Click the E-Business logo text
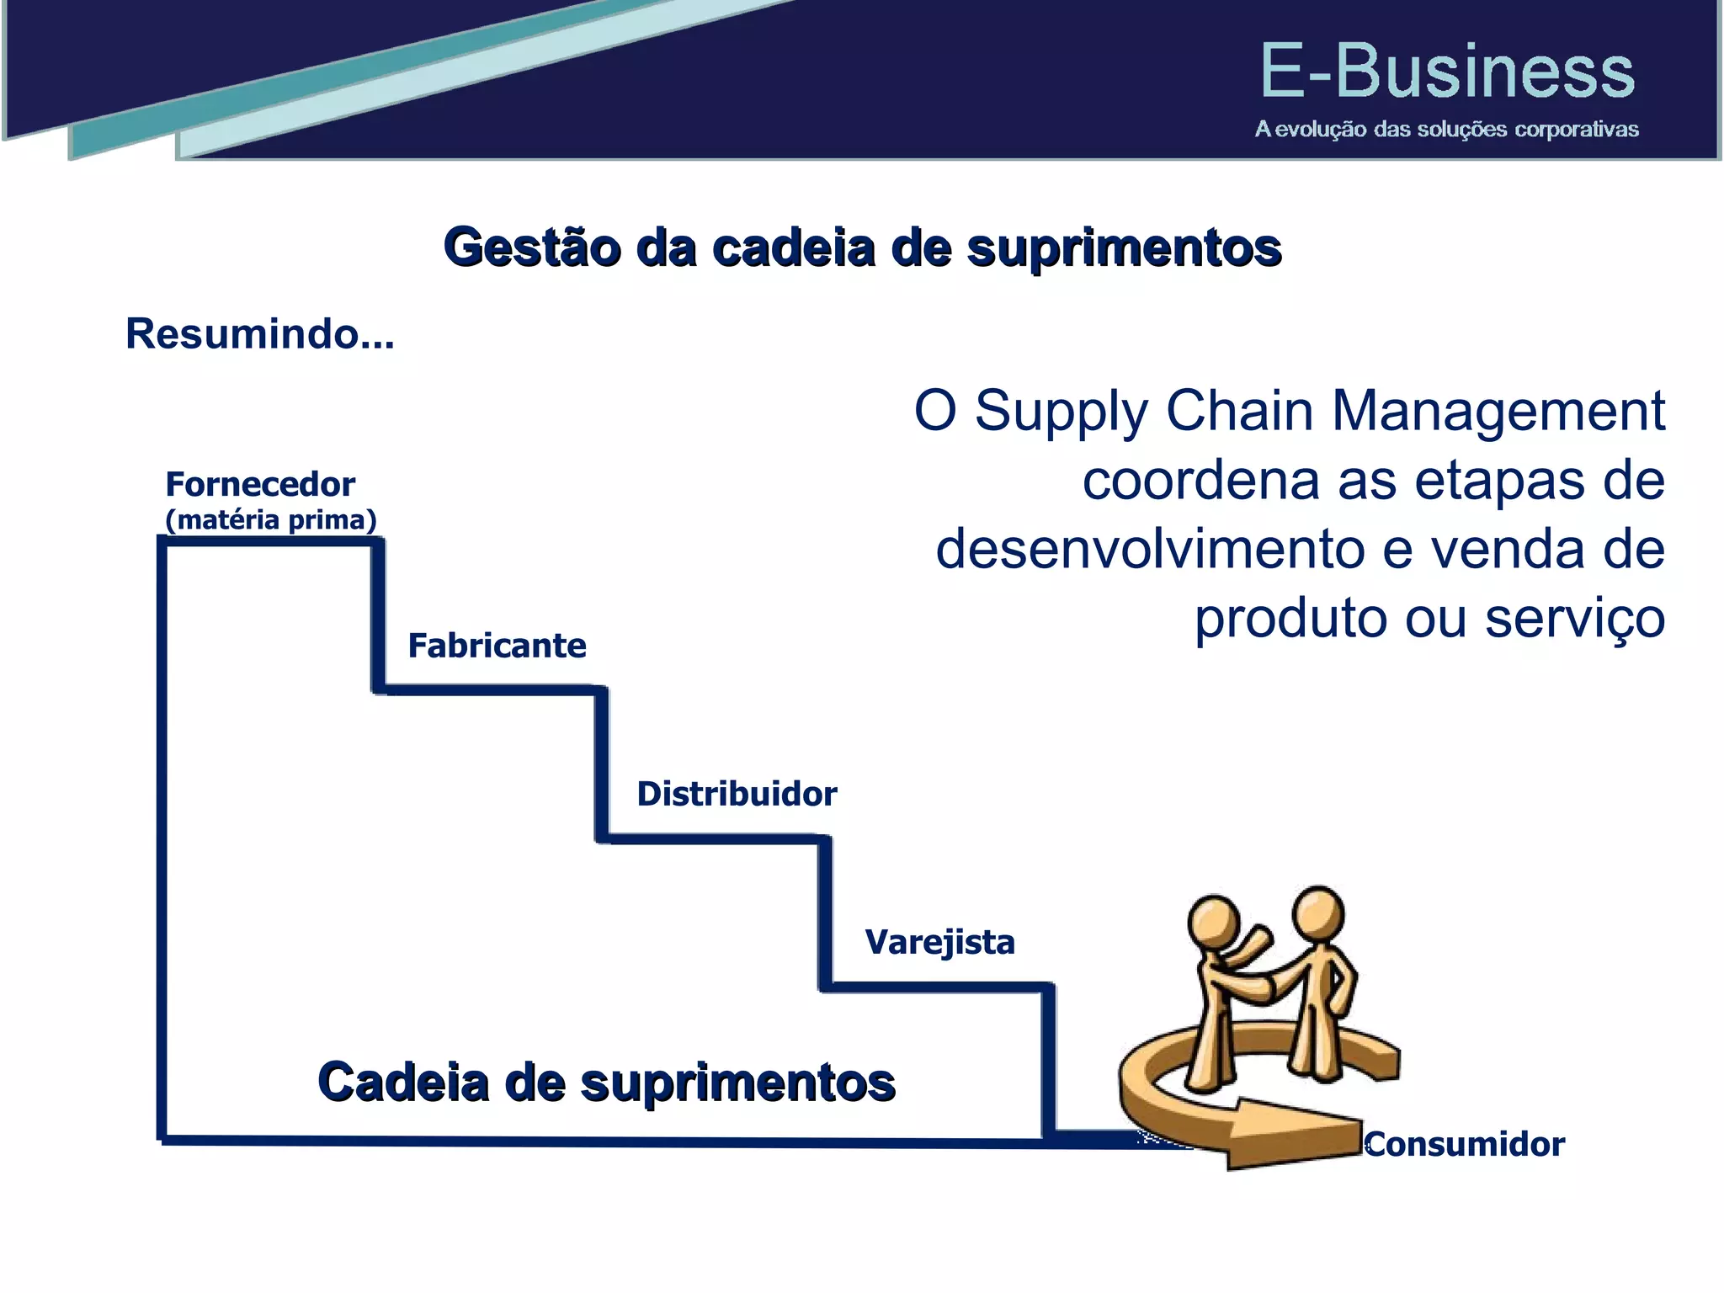click(x=1446, y=72)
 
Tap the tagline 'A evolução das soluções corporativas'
click(x=1446, y=130)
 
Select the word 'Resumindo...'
click(x=259, y=334)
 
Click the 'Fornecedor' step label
click(x=260, y=485)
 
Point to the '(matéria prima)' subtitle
click(x=270, y=520)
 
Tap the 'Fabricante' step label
click(x=497, y=646)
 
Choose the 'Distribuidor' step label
click(x=737, y=795)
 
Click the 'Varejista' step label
click(x=939, y=942)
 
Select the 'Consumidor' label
click(x=1465, y=1145)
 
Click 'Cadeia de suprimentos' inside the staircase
click(x=606, y=1083)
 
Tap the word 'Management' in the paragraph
click(x=1498, y=412)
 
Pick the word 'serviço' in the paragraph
click(x=1574, y=619)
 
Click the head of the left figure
click(x=1213, y=922)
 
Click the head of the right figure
click(x=1318, y=913)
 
